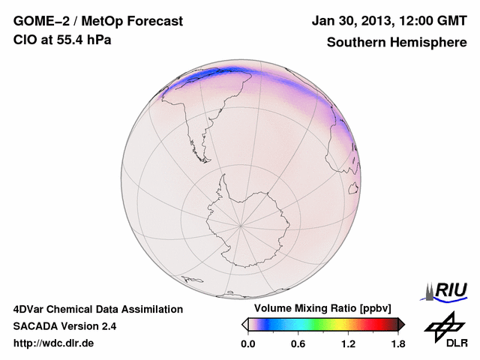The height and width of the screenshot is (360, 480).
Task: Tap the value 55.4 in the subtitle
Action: (x=64, y=40)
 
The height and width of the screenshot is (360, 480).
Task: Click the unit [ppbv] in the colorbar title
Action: (x=365, y=309)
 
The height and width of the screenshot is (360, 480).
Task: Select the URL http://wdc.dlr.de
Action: (x=54, y=343)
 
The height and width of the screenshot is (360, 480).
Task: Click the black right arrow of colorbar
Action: (x=401, y=324)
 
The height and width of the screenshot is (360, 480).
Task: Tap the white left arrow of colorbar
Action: (x=244, y=324)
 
